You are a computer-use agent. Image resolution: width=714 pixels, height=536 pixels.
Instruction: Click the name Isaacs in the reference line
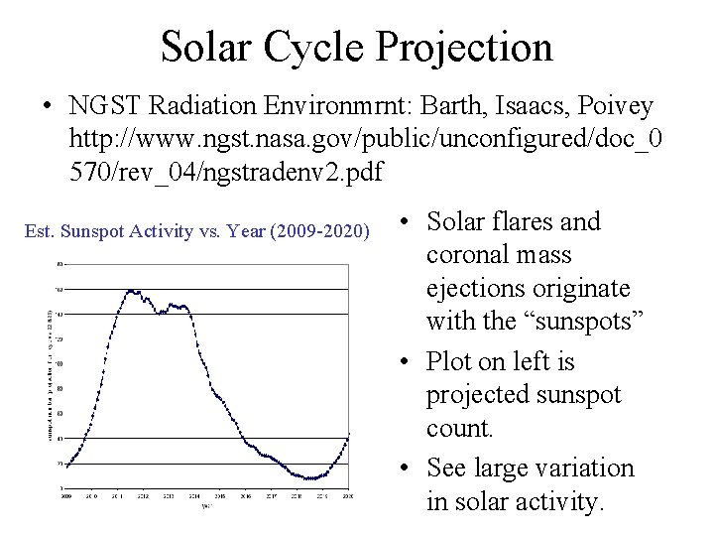coord(521,104)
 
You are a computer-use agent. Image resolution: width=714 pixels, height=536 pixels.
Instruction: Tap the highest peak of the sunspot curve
coord(130,290)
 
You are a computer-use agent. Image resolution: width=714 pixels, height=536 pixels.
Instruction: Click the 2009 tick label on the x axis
coord(65,496)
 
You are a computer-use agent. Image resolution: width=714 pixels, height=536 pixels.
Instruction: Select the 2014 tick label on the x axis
coord(193,496)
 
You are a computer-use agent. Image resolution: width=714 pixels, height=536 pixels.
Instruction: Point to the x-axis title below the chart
coord(206,505)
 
